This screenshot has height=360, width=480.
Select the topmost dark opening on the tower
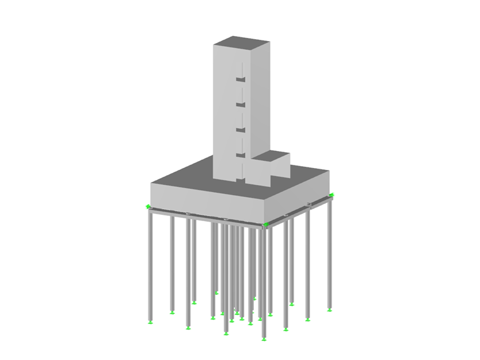click(240, 79)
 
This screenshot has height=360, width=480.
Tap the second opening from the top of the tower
click(240, 104)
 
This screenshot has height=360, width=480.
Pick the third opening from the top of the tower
click(240, 129)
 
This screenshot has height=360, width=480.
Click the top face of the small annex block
click(270, 155)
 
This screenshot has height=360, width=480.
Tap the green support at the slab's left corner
click(148, 207)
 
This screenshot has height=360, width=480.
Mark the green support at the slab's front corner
click(265, 224)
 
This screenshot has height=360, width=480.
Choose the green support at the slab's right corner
click(332, 195)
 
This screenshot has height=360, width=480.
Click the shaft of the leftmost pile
click(150, 265)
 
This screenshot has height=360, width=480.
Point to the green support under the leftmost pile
click(150, 323)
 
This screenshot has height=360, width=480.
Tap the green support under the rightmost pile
click(330, 309)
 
